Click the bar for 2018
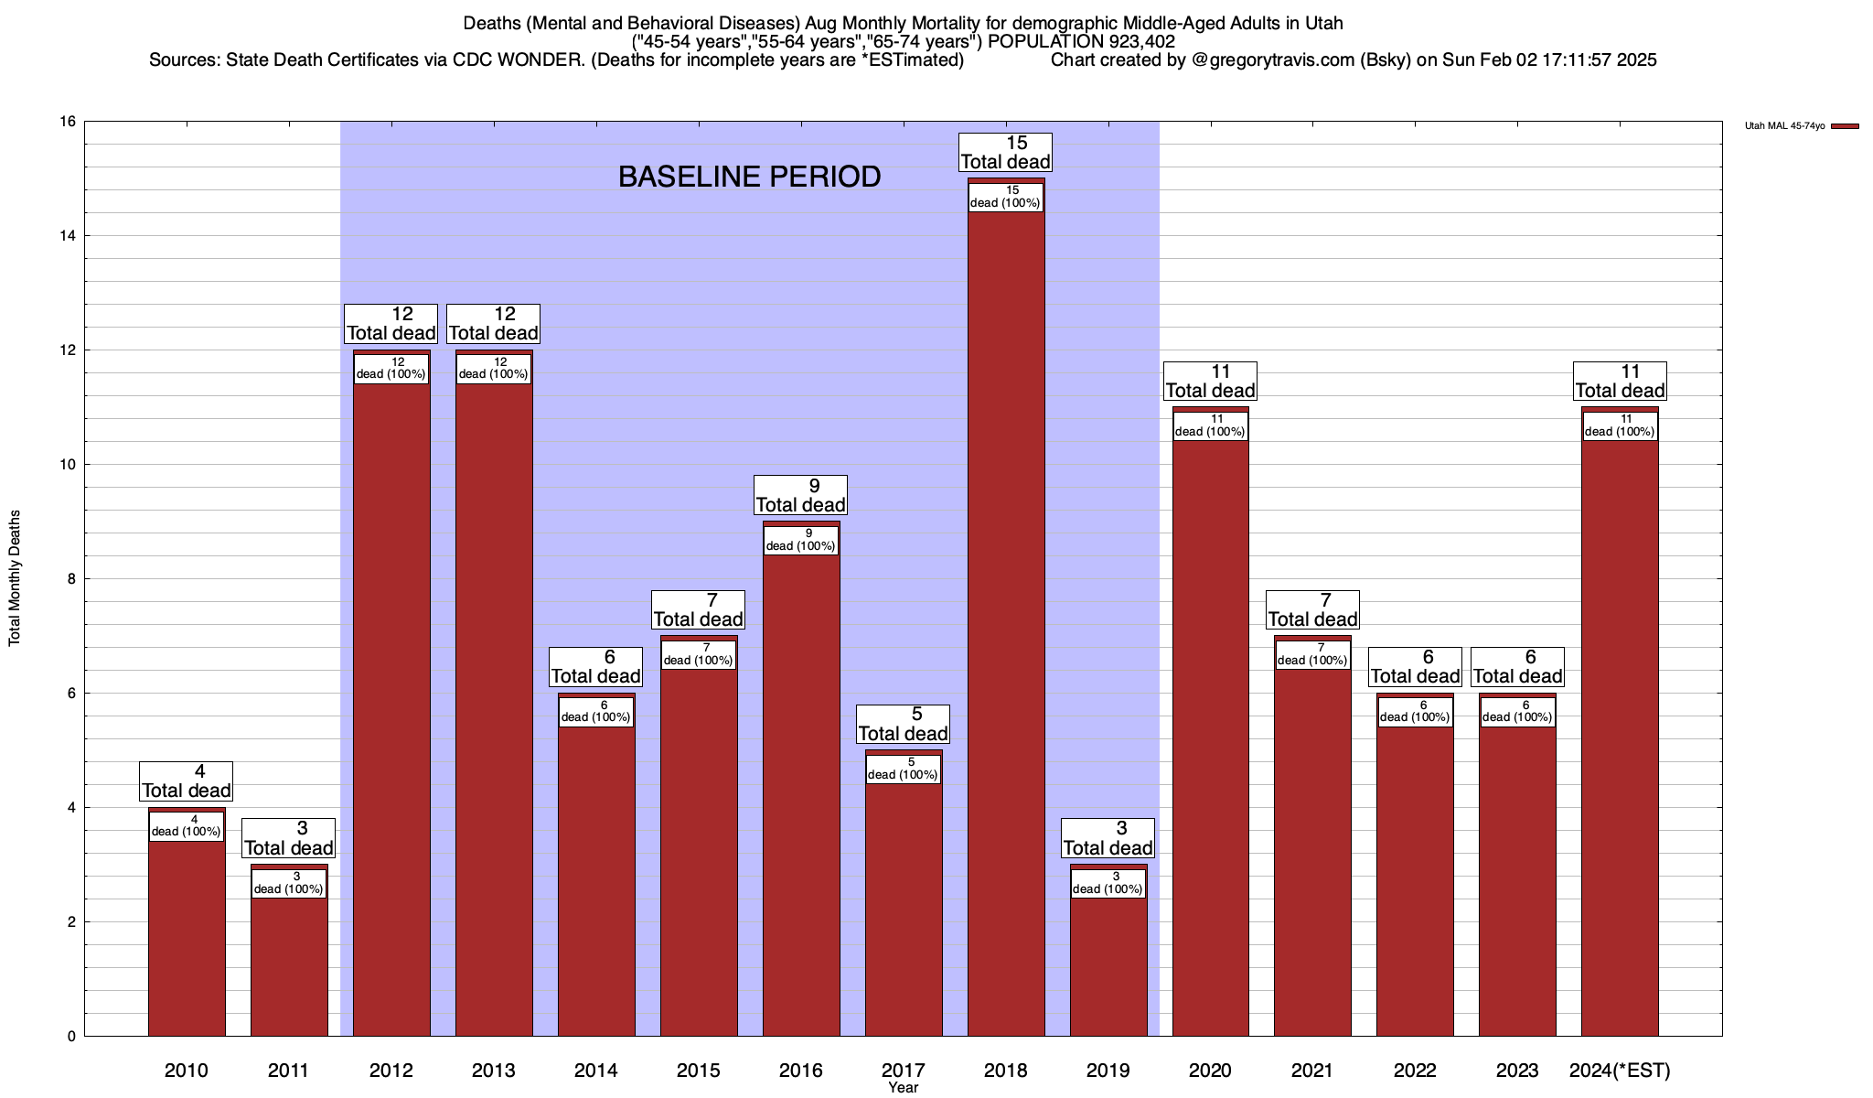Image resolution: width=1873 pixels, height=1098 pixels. pos(1006,622)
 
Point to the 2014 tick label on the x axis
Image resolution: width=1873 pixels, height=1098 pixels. pos(596,1071)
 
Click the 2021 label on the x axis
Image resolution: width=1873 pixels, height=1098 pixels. pos(1312,1071)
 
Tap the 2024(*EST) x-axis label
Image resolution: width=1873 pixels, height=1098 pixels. pos(1620,1071)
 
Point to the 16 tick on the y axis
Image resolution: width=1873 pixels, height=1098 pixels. pos(69,122)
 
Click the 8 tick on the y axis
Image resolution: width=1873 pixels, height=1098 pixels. pos(71,579)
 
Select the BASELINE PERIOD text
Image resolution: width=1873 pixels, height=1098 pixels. pos(749,177)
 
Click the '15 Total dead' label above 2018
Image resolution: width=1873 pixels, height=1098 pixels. pos(1006,153)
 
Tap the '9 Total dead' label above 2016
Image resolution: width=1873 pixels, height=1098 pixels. pos(801,495)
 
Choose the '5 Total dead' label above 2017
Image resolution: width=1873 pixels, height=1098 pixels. pos(904,724)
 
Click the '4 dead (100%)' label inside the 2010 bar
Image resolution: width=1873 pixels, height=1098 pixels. pos(187,826)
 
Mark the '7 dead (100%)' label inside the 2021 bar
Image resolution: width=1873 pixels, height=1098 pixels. pos(1312,654)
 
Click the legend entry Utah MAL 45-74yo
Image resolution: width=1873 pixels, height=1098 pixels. pos(1784,126)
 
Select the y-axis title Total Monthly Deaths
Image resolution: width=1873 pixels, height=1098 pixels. pos(15,578)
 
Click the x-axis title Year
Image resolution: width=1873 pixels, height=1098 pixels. pos(903,1088)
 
